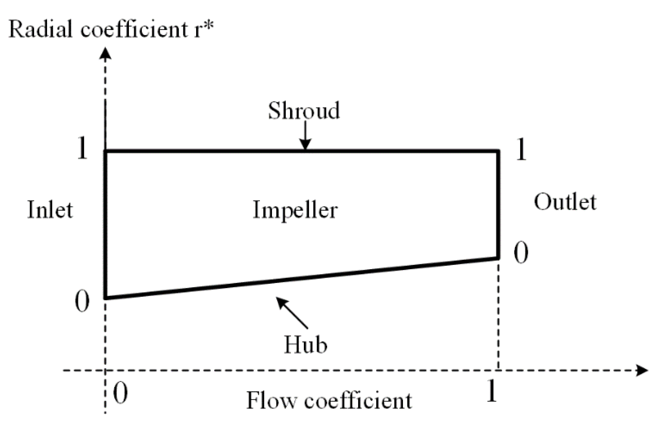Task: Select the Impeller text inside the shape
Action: (295, 210)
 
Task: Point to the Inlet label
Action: (50, 210)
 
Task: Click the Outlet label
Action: (565, 202)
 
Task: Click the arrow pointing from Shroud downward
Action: (305, 137)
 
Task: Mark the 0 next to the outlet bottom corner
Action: (521, 253)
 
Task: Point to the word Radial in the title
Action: (41, 29)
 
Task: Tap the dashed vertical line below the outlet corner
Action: (498, 315)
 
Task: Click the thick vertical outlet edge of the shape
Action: (498, 204)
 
